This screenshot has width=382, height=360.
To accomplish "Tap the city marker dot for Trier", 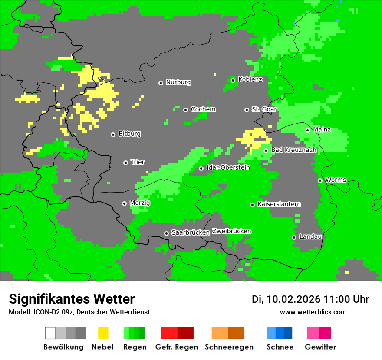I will pyautogui.click(x=126, y=163).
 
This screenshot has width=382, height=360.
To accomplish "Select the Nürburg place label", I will pyautogui.click(x=178, y=82).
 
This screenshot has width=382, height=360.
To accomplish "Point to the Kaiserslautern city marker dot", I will pyautogui.click(x=252, y=205).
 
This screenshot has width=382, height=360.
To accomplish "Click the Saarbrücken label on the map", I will pyautogui.click(x=191, y=233).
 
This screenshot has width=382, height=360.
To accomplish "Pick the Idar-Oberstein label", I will pyautogui.click(x=228, y=168).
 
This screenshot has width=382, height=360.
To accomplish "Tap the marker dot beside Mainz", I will pyautogui.click(x=307, y=130).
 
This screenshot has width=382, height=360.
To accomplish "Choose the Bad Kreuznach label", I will pyautogui.click(x=293, y=150).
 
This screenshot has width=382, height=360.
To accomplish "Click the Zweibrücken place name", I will pyautogui.click(x=231, y=232).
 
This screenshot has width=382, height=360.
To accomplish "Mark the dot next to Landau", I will pyautogui.click(x=294, y=237).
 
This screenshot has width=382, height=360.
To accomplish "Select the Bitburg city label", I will pyautogui.click(x=129, y=134).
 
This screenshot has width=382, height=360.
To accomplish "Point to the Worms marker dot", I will pyautogui.click(x=320, y=180).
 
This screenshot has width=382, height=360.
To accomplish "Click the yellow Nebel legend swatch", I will pyautogui.click(x=103, y=333).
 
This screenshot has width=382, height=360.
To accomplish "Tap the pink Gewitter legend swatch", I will pyautogui.click(x=313, y=333).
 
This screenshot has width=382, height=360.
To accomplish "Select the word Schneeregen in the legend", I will pyautogui.click(x=229, y=347).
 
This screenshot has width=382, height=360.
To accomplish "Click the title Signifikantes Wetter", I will pyautogui.click(x=72, y=299).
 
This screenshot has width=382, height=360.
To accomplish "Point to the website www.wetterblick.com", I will pyautogui.click(x=313, y=312).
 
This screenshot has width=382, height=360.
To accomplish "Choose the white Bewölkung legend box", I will pyautogui.click(x=50, y=333).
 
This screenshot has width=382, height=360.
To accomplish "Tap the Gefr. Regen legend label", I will pyautogui.click(x=177, y=347).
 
